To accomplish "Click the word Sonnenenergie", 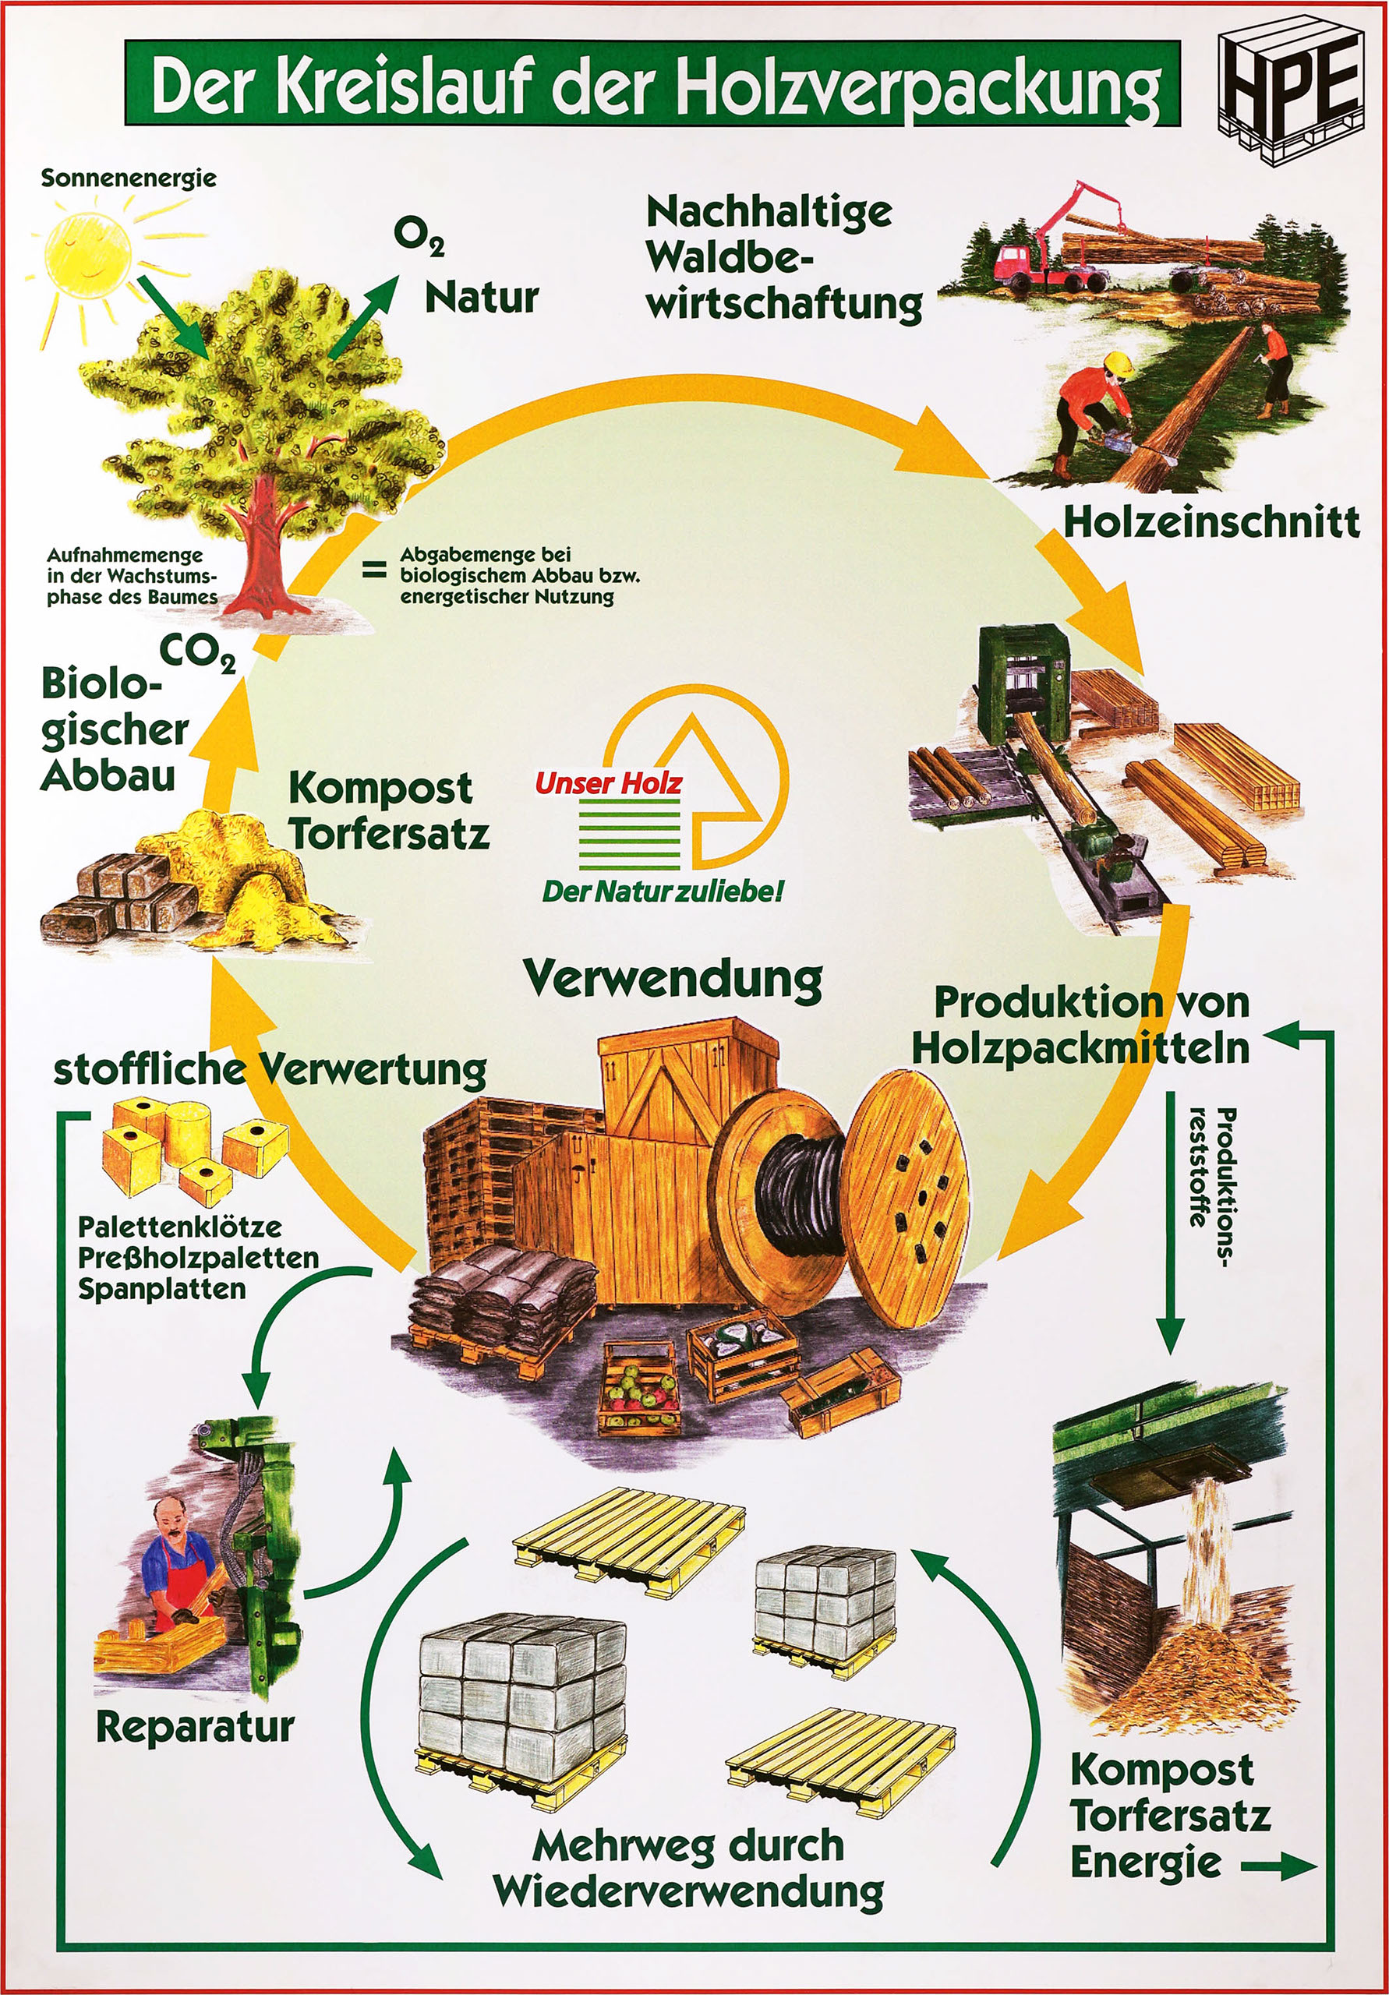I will pos(129,178).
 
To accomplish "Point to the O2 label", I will pos(418,235).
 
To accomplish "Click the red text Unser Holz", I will pos(609,784).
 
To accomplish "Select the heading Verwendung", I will pos(673,980).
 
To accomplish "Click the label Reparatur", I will pos(196,1725).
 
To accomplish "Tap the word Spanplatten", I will pos(161,1289).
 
